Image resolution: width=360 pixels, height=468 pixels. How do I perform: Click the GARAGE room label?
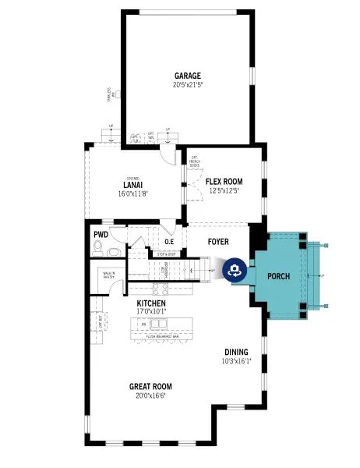pos(188,76)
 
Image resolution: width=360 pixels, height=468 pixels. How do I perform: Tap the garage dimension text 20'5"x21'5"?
pos(188,84)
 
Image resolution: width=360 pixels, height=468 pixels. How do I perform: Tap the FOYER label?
pos(218,241)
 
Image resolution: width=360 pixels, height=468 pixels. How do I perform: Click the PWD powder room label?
pos(101,234)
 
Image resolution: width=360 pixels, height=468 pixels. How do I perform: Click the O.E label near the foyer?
pos(169,242)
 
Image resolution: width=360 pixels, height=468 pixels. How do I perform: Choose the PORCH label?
pos(278,277)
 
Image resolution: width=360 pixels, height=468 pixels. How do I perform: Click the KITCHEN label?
pos(151,302)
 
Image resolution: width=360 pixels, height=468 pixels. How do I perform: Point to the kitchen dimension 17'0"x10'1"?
pos(151,310)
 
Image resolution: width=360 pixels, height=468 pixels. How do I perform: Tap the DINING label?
pos(236,352)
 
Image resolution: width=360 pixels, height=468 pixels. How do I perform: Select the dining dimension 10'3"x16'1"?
pos(236,360)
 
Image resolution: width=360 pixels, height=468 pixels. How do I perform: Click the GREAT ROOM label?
pos(150,386)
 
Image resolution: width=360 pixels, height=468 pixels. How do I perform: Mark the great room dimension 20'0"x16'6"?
pos(150,395)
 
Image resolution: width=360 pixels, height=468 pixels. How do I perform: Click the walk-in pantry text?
pos(109,274)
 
